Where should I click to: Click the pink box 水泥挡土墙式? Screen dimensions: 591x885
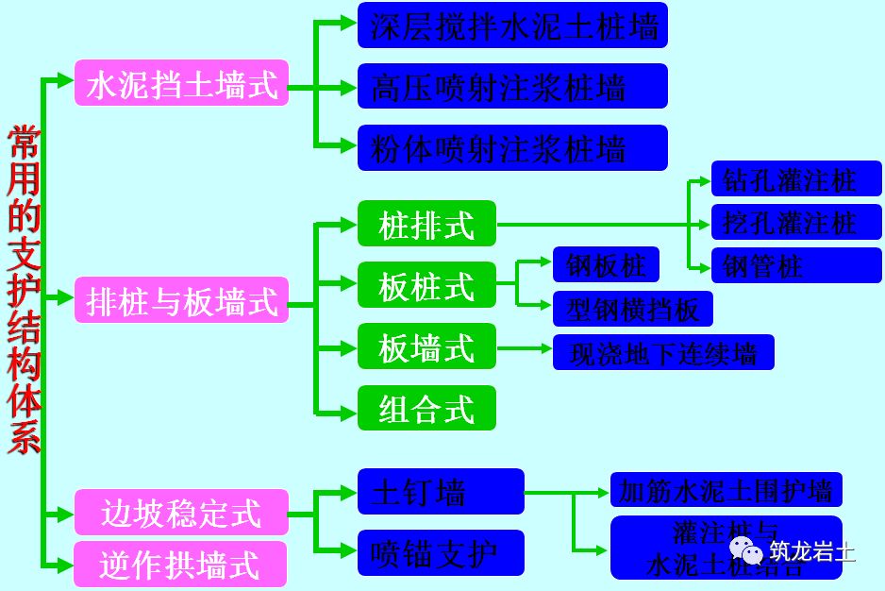181,86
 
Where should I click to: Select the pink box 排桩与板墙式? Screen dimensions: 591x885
181,302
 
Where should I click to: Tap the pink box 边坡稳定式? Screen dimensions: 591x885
181,514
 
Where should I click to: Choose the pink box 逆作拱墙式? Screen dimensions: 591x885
181,564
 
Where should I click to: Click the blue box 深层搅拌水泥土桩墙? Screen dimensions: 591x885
512,25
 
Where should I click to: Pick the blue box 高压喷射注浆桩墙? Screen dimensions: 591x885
512,87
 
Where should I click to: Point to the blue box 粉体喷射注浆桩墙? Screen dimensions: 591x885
512,148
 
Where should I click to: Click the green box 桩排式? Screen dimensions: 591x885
426,225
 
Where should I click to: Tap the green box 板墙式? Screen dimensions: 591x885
426,347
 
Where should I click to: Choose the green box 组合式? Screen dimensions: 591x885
426,409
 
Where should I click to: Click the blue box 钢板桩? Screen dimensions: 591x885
606,265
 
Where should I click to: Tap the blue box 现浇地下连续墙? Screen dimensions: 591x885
663,353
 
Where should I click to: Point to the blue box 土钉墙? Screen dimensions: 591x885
440,492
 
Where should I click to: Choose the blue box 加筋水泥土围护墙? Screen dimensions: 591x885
726,491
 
